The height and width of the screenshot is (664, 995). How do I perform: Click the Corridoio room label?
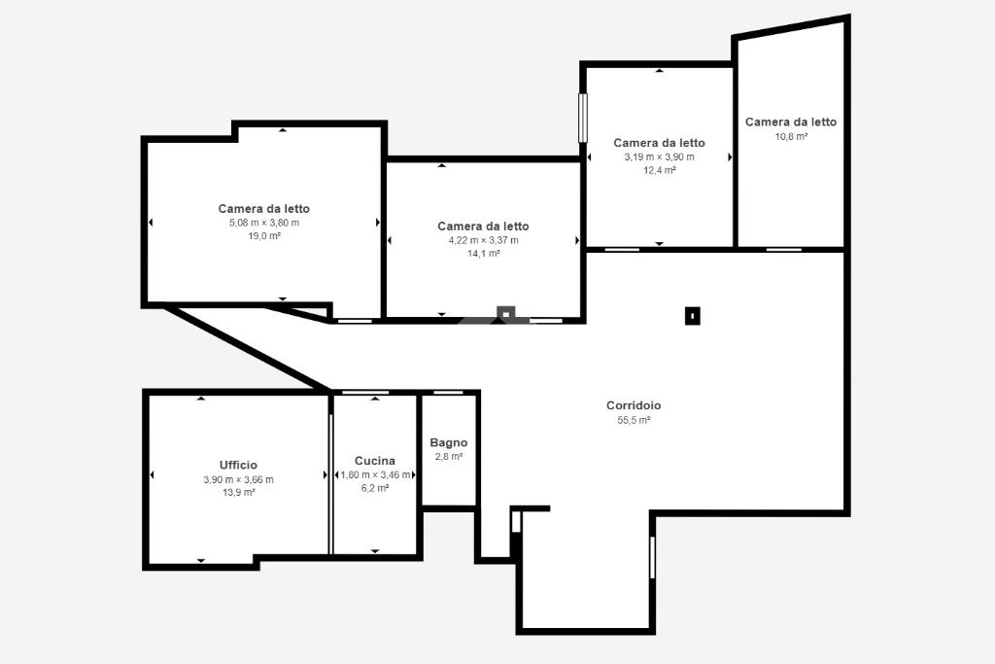tap(634, 405)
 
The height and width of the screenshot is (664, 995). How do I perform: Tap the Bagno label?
tap(449, 442)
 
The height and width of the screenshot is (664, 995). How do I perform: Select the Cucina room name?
tap(375, 461)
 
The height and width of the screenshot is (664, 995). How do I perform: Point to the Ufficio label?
tap(239, 466)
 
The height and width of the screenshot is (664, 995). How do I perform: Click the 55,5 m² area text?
tap(634, 420)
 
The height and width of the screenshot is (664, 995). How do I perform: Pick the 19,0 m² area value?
tap(264, 236)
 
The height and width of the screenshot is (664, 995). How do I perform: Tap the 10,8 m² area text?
tap(791, 136)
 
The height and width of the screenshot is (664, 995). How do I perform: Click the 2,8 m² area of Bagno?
tap(449, 457)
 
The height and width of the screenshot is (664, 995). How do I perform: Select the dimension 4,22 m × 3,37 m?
tap(484, 240)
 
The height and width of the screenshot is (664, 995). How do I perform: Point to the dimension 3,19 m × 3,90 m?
tap(660, 157)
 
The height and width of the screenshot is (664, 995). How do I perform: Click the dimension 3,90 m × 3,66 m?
tap(239, 480)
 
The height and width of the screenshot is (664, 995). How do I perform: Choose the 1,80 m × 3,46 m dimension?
tap(375, 474)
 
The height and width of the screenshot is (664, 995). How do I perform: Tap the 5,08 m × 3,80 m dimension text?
tap(264, 223)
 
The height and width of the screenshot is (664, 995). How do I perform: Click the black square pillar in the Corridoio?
tap(692, 316)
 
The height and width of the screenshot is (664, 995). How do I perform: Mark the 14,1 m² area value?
tap(484, 254)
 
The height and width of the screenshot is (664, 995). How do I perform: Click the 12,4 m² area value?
tap(660, 170)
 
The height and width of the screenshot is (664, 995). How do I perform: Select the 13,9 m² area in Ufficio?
tap(239, 493)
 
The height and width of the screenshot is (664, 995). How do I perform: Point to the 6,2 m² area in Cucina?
tap(375, 488)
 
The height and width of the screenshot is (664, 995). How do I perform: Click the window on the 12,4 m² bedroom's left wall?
tap(583, 118)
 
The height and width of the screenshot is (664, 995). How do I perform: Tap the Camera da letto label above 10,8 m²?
tap(791, 122)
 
